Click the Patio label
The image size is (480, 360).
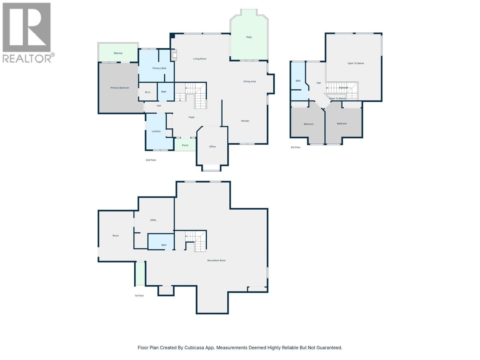point(249,37)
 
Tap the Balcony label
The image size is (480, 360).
point(118,53)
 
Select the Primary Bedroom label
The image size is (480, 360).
point(120,88)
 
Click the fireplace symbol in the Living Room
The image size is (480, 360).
point(174,55)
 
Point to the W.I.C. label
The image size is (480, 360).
point(148,92)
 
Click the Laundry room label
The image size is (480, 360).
point(156,131)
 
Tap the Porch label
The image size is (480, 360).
point(185,145)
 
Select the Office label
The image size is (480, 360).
point(212,147)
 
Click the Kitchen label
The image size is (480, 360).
point(245,121)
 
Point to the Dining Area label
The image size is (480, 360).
point(250,82)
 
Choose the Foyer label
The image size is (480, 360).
point(191,117)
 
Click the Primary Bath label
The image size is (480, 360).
point(159,68)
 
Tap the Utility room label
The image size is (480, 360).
point(153,220)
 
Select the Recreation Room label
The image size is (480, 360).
point(216,260)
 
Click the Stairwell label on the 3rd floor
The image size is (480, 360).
point(343,88)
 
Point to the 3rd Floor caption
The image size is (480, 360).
point(295,147)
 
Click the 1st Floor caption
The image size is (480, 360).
point(139,295)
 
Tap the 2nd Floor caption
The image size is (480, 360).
point(151,160)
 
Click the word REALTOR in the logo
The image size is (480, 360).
point(27,58)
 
